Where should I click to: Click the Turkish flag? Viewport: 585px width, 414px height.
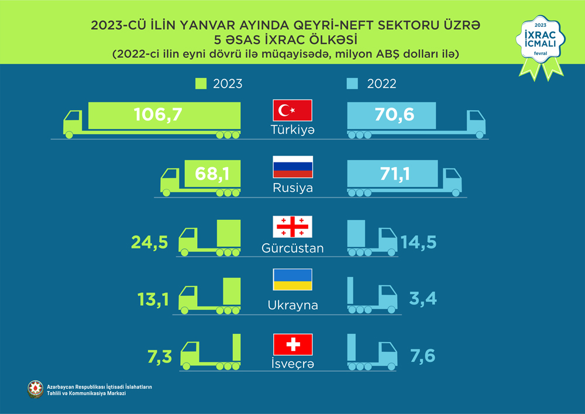[x=292, y=111]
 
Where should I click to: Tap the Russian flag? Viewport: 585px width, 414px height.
[x=292, y=167]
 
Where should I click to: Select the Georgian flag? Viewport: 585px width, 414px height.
[x=292, y=226]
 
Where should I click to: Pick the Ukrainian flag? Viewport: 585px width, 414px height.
[x=292, y=281]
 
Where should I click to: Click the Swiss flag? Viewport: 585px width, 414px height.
[x=292, y=344]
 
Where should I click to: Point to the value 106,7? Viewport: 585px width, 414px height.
[x=158, y=115]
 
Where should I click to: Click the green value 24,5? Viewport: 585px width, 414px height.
[x=151, y=241]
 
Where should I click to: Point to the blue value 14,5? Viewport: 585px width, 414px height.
[x=419, y=241]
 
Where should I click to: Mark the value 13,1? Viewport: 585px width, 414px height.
[x=152, y=300]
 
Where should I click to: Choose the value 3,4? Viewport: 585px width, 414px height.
[x=421, y=300]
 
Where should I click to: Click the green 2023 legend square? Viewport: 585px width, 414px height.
[x=201, y=84]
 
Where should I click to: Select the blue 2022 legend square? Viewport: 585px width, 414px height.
[x=352, y=84]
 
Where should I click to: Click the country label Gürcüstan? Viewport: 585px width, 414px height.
[x=292, y=249]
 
